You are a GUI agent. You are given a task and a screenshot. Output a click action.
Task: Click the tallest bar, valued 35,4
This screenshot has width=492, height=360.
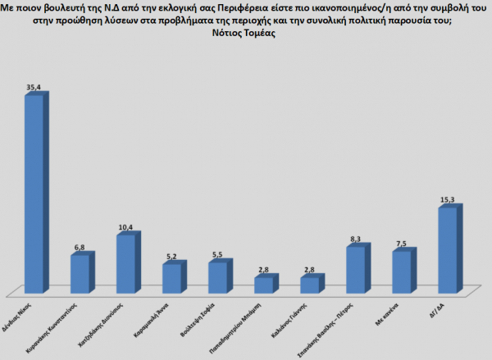[34, 194]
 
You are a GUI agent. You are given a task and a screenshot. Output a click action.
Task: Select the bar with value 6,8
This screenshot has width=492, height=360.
[80, 274]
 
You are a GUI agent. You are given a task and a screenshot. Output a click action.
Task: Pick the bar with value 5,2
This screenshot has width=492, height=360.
[172, 278]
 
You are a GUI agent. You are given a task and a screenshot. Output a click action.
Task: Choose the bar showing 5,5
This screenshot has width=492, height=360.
[218, 277]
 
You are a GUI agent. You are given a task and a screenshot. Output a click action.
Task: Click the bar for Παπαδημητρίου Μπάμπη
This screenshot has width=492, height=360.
[264, 285]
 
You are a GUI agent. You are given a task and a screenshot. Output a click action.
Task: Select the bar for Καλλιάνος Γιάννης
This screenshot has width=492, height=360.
[310, 285]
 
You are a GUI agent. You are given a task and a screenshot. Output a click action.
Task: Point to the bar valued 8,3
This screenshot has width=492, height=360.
[356, 269]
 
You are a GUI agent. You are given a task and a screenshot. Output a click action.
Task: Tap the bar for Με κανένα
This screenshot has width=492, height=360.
[402, 271]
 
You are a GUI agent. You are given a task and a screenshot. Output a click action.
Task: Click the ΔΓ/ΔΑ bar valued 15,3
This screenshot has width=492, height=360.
[448, 250]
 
